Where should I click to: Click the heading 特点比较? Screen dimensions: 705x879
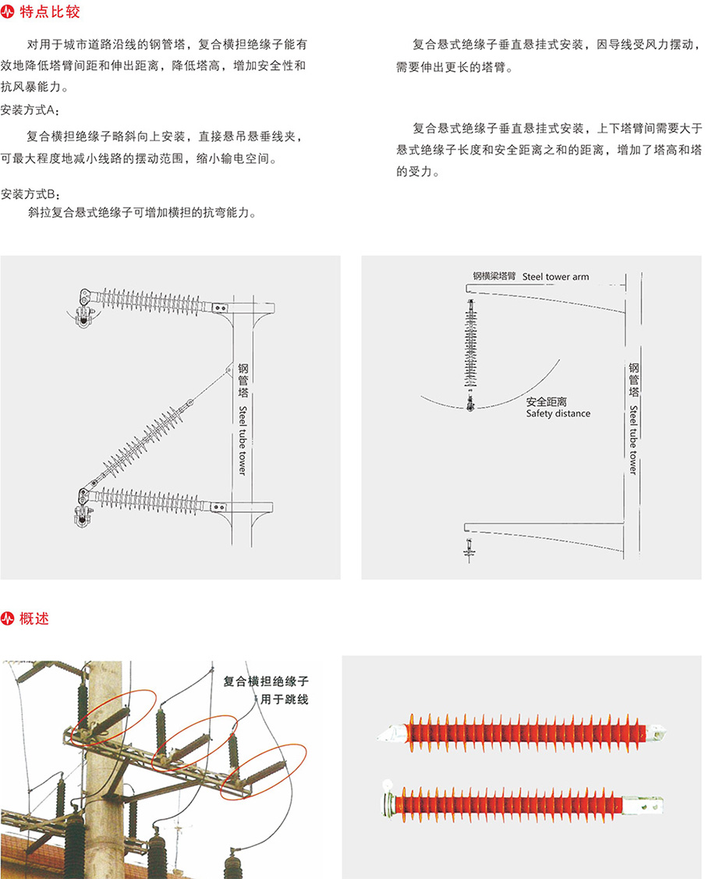[x=50, y=11]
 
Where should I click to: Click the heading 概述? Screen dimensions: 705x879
[x=34, y=618]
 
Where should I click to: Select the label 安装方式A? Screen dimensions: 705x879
[x=30, y=110]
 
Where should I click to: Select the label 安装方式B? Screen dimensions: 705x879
[x=30, y=194]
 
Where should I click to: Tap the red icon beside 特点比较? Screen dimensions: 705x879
[x=7, y=12]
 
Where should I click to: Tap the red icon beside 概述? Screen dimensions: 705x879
[x=7, y=618]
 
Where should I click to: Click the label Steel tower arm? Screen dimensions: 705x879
[x=555, y=276]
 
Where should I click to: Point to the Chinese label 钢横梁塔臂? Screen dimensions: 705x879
[x=494, y=276]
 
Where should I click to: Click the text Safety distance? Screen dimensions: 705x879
[x=558, y=413]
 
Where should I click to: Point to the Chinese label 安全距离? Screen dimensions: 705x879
[x=547, y=402]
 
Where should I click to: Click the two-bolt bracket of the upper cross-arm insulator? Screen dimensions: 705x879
[x=220, y=308]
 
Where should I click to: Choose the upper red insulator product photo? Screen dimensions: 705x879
[x=522, y=732]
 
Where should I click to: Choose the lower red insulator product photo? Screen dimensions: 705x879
[x=523, y=804]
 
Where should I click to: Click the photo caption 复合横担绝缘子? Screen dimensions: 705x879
[x=266, y=681]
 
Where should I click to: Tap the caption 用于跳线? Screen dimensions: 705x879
[x=284, y=699]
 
